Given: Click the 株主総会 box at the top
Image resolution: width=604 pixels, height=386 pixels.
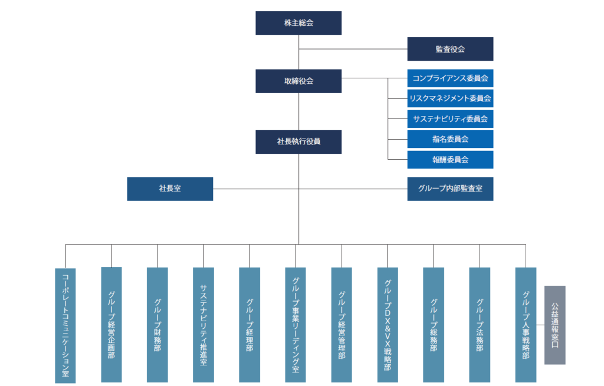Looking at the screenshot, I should [x=298, y=23].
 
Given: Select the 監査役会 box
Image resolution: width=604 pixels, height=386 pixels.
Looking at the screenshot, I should [x=450, y=49].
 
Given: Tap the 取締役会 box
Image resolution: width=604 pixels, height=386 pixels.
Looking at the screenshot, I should [x=298, y=81].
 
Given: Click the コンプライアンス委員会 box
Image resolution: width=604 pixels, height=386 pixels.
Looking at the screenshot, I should [x=450, y=78].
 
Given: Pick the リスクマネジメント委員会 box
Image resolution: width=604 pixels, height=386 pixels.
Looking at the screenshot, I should [x=450, y=98].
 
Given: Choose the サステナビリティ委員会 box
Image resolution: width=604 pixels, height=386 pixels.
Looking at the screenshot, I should [x=450, y=118].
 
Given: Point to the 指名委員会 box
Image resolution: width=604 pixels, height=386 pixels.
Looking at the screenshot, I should [x=450, y=139].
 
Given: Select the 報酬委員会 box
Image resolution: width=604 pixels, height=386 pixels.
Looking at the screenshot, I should [x=450, y=159].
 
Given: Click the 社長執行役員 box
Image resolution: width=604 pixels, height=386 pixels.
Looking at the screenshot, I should [x=298, y=142].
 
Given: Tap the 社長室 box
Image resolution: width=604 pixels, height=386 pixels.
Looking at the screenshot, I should [x=170, y=189].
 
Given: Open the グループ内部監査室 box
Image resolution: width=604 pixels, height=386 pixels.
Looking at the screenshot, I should [x=450, y=189].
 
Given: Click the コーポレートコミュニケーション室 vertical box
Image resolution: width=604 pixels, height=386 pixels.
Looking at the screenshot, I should [x=65, y=325].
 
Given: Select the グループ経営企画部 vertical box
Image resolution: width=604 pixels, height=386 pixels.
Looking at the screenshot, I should [x=111, y=324].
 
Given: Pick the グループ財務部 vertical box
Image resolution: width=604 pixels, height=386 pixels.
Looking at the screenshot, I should [x=157, y=324].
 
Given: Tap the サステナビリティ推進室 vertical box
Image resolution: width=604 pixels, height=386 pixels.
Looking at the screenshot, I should [x=203, y=324].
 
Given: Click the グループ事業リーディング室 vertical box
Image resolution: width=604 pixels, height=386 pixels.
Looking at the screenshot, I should [x=296, y=324].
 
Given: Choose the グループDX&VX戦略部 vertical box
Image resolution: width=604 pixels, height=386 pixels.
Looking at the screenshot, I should [x=388, y=324].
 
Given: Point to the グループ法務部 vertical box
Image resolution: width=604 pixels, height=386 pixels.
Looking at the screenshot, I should [x=480, y=324].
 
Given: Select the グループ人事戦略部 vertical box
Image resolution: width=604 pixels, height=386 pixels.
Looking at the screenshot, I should [x=526, y=324].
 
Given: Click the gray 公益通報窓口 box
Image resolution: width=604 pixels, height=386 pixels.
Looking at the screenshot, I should [x=554, y=325].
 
